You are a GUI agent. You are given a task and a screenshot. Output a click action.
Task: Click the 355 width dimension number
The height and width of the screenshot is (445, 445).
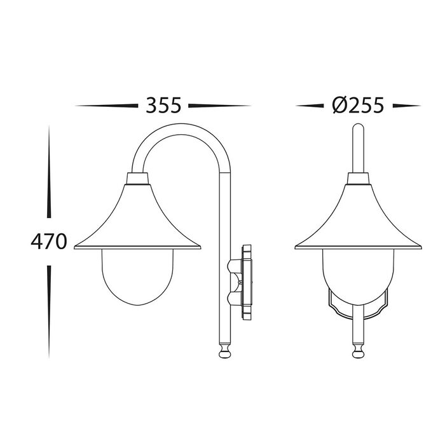click(163, 106)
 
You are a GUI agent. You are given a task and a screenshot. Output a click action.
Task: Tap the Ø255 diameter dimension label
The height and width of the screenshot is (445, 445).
click(358, 106)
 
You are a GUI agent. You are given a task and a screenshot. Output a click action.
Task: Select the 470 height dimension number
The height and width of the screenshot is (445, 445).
click(49, 242)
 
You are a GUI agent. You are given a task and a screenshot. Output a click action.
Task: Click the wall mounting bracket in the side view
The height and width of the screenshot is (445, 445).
click(240, 282)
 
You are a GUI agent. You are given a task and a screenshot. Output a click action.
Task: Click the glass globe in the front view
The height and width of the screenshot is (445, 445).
click(358, 277)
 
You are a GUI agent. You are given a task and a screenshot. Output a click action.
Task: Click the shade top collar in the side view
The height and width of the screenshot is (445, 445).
click(137, 179)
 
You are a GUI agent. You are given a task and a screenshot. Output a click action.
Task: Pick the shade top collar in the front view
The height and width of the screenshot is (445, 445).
click(358, 179)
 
